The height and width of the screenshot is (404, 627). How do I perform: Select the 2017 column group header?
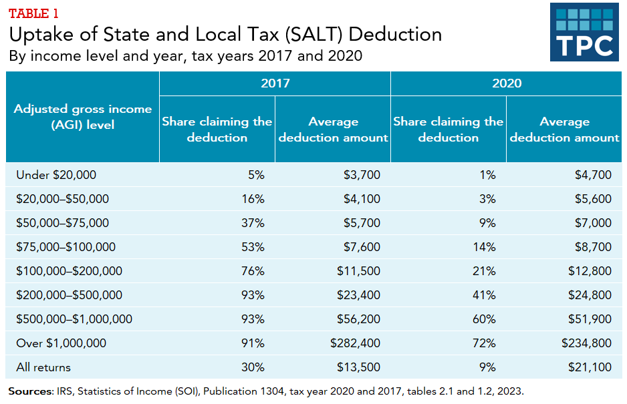(275, 83)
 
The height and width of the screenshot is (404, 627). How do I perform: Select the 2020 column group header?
(506, 83)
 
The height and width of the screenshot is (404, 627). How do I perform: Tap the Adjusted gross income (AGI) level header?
(83, 116)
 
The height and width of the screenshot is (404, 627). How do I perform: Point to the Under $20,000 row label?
(56, 175)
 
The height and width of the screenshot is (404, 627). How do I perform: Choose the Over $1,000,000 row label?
(61, 343)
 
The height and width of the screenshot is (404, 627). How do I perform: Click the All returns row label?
(43, 367)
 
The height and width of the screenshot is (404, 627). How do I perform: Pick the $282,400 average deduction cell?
(355, 343)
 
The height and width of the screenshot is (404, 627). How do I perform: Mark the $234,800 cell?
(586, 343)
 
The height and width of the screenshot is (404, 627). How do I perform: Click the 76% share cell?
(254, 271)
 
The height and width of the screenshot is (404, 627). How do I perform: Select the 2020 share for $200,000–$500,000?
(485, 295)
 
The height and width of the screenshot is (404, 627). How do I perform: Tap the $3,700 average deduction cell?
(362, 175)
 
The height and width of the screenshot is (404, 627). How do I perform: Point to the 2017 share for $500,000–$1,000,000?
(254, 319)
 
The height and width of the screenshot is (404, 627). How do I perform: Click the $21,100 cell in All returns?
(590, 367)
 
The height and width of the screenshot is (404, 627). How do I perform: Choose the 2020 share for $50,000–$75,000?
(488, 223)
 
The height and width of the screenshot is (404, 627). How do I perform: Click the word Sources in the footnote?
(30, 391)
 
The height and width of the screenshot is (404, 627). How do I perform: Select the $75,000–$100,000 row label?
(66, 247)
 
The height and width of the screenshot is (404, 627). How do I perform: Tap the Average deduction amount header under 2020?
(564, 130)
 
